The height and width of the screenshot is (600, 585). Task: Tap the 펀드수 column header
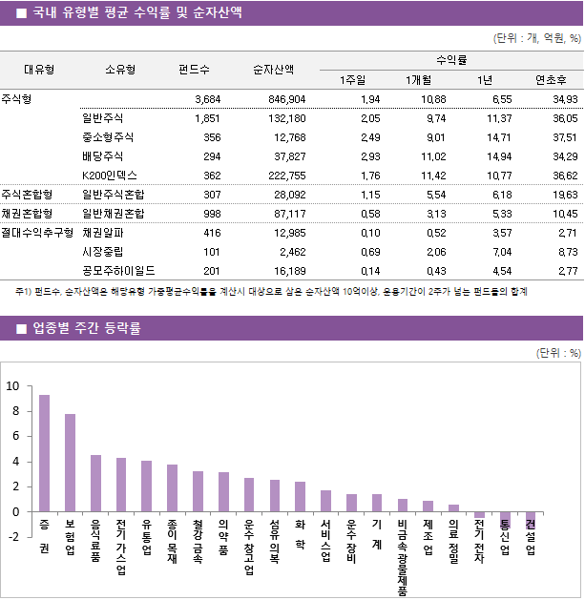tap(195, 69)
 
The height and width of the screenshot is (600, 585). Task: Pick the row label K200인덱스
tap(110, 176)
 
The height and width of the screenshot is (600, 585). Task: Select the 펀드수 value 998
tap(205, 214)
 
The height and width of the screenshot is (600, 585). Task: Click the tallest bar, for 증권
tap(45, 453)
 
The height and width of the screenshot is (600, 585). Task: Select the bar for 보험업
tap(71, 463)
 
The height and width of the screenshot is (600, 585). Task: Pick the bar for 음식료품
tap(95, 483)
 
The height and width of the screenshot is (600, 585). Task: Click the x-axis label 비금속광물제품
tap(403, 558)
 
